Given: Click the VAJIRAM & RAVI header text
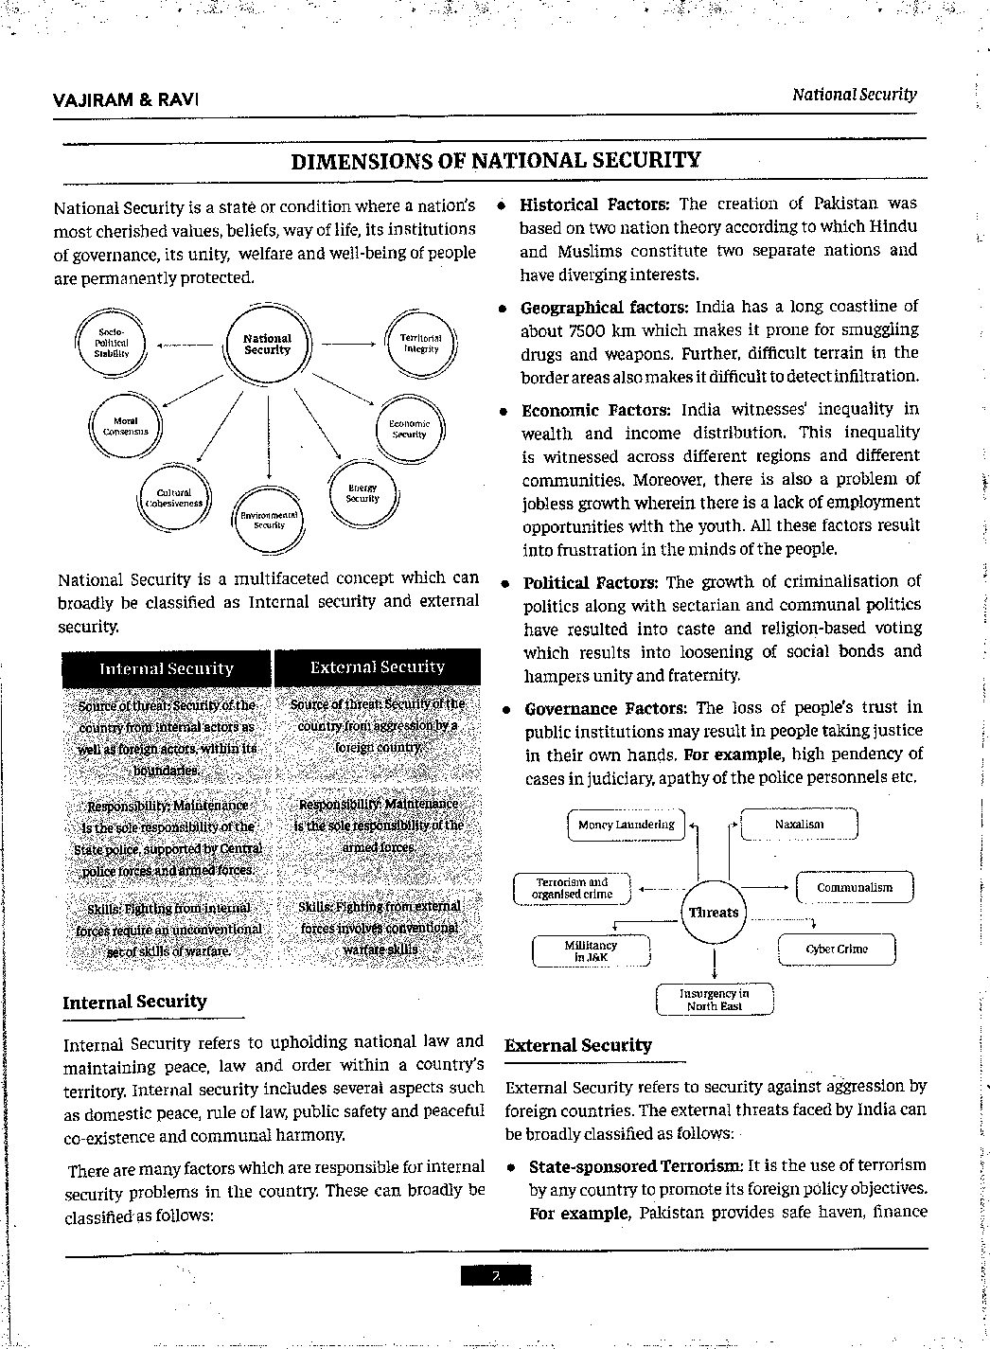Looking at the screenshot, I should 127,99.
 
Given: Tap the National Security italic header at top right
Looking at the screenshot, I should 854,95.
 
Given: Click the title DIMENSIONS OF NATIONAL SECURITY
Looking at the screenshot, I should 495,160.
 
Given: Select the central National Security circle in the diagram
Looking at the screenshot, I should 268,345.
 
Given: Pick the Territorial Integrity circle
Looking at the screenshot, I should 420,343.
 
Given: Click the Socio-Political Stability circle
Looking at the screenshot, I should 111,342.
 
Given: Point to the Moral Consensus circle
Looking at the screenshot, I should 125,426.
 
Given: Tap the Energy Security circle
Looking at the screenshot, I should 362,493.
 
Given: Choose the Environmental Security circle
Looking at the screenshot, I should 269,520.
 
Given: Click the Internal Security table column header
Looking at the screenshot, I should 167,669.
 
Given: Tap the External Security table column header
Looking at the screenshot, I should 377,667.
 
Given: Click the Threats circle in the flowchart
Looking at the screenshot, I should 714,913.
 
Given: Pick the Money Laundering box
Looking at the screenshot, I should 627,825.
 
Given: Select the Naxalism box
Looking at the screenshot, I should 799,825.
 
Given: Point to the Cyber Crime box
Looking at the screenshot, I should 836,949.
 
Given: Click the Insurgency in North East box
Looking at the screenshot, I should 714,1000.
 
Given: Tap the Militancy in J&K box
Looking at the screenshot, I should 592,950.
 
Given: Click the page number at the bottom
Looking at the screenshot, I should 495,1276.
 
